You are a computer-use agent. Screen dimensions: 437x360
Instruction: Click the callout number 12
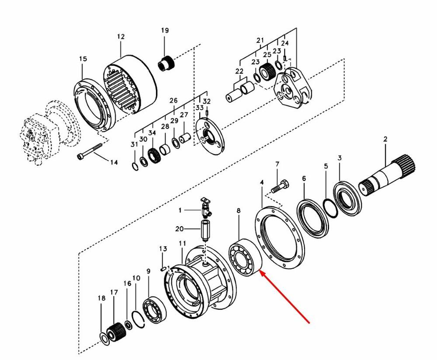point(121,37)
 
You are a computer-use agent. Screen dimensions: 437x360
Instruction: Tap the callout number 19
point(165,30)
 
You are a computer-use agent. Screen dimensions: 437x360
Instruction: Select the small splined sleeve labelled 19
point(166,63)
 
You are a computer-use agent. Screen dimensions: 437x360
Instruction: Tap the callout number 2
point(385,139)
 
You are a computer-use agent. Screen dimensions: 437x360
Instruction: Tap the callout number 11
point(182,243)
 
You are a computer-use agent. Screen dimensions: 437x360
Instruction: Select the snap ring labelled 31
point(135,166)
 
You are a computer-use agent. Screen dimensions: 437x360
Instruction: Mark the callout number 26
point(173,101)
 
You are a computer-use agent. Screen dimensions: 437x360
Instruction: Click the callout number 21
point(260,40)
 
